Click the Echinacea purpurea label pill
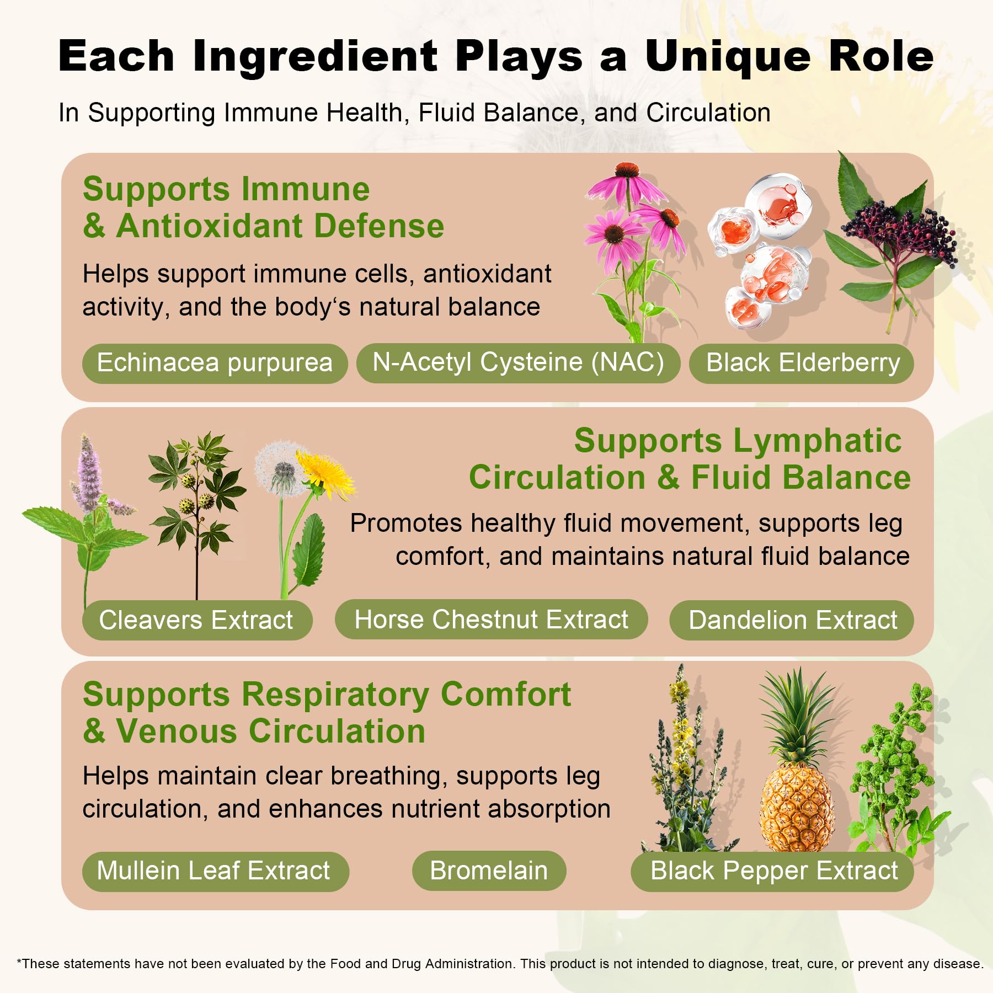pos(215,363)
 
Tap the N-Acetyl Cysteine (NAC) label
pos(518,363)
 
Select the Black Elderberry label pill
pos(802,363)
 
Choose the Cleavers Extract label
pos(197,620)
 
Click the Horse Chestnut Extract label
pos(491,620)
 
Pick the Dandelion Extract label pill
pos(792,620)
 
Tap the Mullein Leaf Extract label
pos(215,871)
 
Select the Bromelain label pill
pos(489,871)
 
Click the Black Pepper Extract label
pos(772,871)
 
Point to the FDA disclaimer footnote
pos(500,964)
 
